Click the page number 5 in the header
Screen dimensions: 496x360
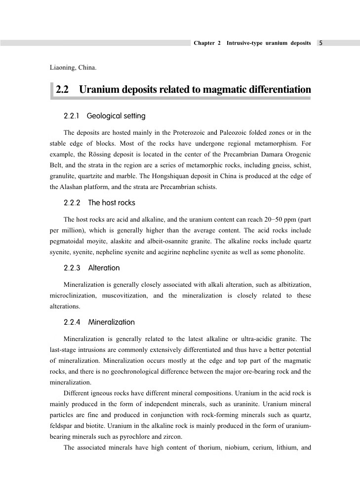click(321, 43)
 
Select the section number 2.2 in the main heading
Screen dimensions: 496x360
click(62, 90)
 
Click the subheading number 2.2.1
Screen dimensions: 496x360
click(72, 116)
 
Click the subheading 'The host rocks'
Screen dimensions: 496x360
click(111, 203)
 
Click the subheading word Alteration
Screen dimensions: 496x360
click(104, 268)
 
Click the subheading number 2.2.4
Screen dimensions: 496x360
click(72, 322)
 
